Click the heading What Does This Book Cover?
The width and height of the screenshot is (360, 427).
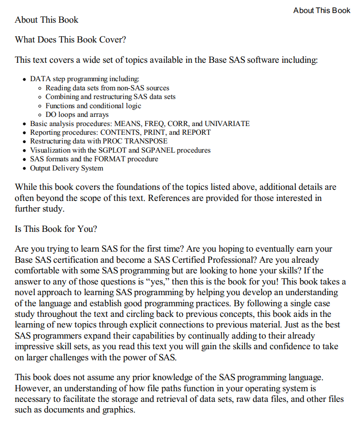tap(70, 40)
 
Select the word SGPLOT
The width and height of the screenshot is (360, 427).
tap(110, 150)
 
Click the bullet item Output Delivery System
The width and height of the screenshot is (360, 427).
tap(67, 168)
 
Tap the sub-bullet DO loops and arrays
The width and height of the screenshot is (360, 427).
tap(77, 114)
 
